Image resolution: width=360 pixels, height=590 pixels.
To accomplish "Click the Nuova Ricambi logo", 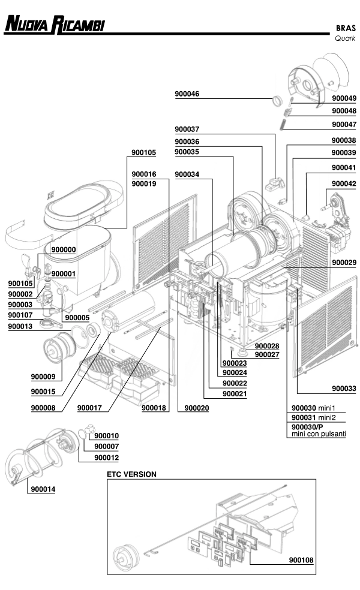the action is tap(55, 24).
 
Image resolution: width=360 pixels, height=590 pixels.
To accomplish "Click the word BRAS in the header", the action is tap(346, 28).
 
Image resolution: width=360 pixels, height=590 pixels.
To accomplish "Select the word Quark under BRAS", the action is tap(345, 38).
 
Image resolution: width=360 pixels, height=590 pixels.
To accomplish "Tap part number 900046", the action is tap(187, 94).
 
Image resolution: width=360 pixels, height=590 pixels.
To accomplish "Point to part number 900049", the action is tap(344, 98).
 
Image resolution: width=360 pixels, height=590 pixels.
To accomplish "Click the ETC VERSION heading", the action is tap(131, 474).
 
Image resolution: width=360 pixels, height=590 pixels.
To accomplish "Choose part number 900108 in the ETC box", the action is tap(301, 560).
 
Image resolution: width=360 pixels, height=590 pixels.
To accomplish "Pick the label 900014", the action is tap(43, 489).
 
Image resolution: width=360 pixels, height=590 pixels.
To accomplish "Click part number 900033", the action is tap(344, 389).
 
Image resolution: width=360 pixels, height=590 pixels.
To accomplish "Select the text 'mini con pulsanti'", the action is tap(319, 434).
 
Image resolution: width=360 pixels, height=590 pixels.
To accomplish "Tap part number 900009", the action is tap(43, 377).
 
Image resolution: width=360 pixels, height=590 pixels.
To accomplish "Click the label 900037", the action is tap(187, 129).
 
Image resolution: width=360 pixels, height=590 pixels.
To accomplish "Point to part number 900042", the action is tap(344, 183).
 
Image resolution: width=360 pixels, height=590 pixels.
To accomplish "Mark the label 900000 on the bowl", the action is tap(64, 249).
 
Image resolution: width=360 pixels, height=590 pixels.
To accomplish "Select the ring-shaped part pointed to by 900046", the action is tap(277, 101).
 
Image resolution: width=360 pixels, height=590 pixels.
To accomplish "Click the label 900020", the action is tap(197, 408).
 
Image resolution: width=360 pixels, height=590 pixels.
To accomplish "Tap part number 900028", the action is tap(267, 346).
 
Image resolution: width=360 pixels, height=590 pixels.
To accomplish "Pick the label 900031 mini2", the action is tap(313, 417).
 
